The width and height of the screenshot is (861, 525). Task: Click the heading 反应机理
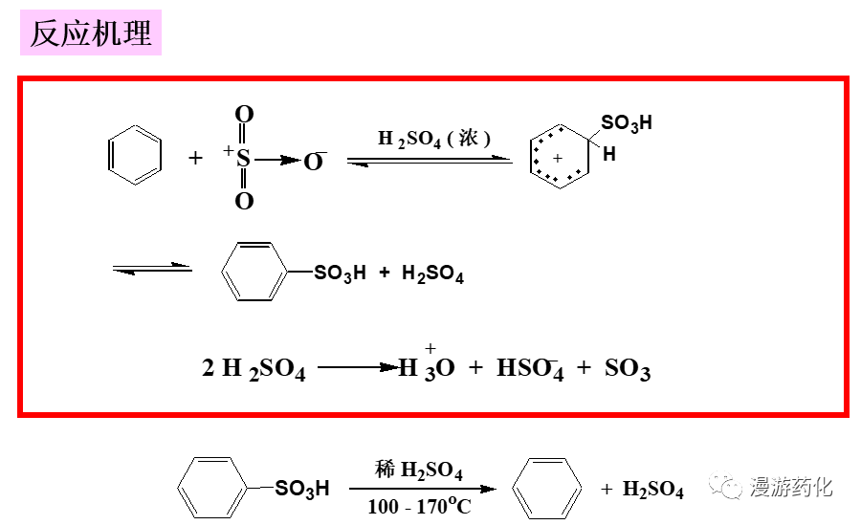[91, 34]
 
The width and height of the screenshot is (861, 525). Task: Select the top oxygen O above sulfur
[244, 116]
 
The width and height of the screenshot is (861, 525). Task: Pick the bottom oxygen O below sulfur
[244, 201]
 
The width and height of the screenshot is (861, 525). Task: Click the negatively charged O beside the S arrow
[314, 162]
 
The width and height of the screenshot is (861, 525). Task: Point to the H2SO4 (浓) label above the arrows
[433, 139]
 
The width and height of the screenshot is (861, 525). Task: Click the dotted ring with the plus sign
[558, 157]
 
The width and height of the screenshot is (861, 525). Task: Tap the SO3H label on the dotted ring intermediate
[627, 123]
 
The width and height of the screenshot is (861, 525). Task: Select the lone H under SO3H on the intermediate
[609, 153]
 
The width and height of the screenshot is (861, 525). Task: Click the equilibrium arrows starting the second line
[152, 270]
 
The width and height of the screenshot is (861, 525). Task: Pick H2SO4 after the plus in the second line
[432, 275]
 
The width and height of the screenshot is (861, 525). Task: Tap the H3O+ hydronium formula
[427, 368]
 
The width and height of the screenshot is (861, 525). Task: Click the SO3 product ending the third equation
[627, 370]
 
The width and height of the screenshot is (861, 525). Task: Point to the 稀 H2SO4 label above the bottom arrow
[419, 470]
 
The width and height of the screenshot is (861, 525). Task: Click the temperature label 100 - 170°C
[419, 506]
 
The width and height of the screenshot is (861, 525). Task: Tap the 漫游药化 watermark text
[791, 487]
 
